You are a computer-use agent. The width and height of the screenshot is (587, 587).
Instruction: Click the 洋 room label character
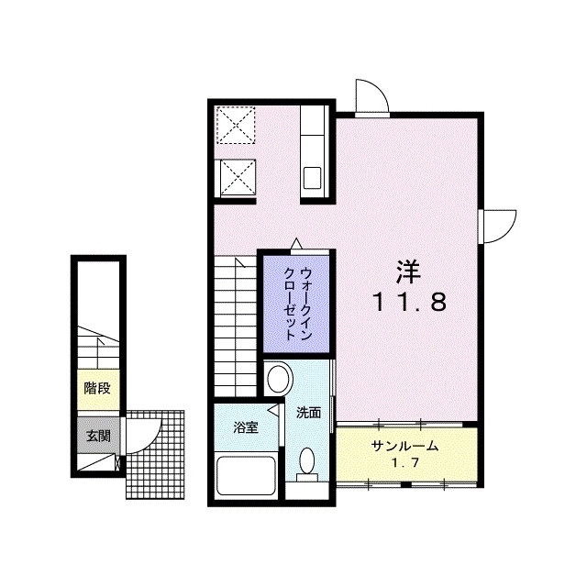409,271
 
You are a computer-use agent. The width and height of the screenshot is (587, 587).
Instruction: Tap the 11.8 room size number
410,303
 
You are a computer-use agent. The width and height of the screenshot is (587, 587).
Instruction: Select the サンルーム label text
404,446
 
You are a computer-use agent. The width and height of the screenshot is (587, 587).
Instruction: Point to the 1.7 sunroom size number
404,463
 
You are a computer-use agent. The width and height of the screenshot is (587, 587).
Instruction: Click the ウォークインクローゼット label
297,304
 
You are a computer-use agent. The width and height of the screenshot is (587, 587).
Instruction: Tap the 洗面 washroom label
309,413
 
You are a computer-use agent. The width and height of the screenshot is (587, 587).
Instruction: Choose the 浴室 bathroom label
246,427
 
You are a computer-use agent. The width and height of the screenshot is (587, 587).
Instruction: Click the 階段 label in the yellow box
97,388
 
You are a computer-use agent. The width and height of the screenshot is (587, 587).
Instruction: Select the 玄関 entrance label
98,436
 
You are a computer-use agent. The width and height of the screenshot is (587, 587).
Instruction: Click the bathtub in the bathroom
247,475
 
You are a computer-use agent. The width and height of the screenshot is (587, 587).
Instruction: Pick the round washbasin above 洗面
279,378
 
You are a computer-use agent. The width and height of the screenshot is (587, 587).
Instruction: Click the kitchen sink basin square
312,178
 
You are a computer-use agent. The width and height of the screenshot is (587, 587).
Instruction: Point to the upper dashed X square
236,125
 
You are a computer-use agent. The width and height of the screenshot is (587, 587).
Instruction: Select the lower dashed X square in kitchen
238,177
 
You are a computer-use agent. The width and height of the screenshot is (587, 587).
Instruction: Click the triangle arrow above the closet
296,243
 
